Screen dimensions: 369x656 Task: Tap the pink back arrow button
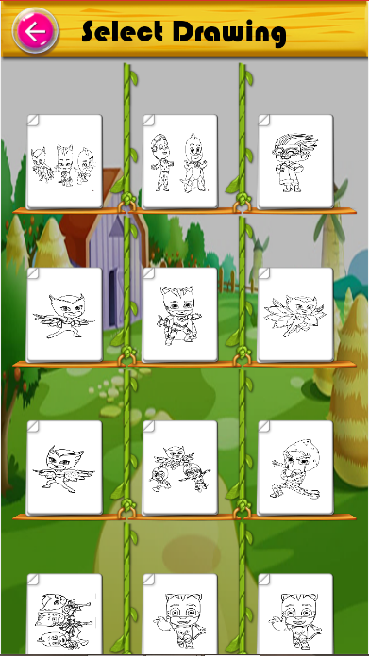coord(35,31)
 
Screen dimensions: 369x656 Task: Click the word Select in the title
coord(122,32)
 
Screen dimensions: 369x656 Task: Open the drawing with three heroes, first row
coord(64,161)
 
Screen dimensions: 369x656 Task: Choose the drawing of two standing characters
coord(180,161)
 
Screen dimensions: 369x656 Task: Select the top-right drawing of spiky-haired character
coord(295,161)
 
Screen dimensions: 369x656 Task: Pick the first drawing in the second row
coord(64,315)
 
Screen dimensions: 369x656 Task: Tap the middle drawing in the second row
coord(180,315)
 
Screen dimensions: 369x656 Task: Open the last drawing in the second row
coord(295,315)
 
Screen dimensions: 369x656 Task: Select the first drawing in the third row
coord(64,467)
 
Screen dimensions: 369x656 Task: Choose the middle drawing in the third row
coord(180,467)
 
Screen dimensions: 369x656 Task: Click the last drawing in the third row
coord(295,467)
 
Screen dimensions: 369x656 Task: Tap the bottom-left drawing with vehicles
coord(64,614)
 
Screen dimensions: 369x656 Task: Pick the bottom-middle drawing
coord(180,614)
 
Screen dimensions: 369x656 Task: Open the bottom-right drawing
coord(295,614)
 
